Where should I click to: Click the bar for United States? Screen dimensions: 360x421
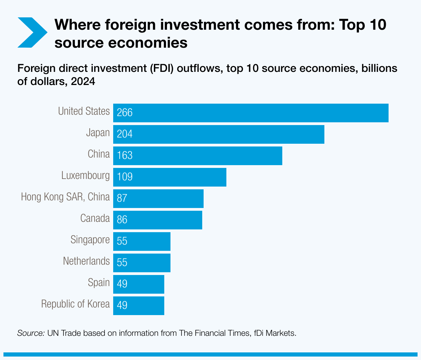tap(251, 113)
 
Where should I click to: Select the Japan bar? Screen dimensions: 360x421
tap(219, 134)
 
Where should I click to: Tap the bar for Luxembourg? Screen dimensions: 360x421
tap(170, 177)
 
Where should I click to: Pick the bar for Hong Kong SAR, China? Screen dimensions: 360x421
tap(158, 199)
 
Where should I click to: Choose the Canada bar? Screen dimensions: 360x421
tap(158, 220)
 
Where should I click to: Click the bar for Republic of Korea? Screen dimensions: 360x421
tap(139, 306)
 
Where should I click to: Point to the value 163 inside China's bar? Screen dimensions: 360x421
tap(125, 155)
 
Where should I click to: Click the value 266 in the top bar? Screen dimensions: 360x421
tap(125, 113)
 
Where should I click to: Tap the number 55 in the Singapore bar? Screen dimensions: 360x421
tap(122, 241)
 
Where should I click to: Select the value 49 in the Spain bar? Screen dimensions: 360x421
tap(122, 284)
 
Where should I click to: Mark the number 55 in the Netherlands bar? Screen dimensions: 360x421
tap(122, 263)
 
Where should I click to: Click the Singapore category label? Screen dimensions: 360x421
tap(90, 240)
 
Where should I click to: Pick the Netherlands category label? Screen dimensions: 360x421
tap(86, 261)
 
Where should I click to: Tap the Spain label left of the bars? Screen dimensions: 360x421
tap(99, 283)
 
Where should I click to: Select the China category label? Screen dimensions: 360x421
tap(99, 154)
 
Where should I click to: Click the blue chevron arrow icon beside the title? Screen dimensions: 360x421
tap(32, 32)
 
